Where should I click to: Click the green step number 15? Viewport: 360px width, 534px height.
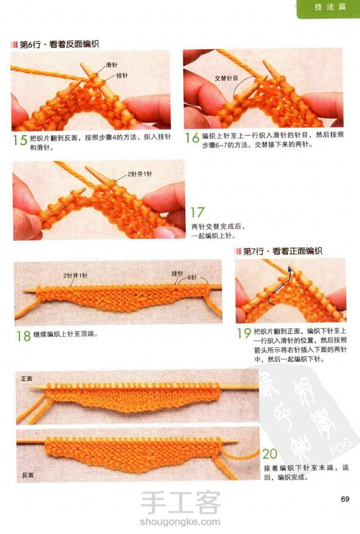[20, 140]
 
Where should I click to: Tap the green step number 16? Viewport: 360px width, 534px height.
[192, 138]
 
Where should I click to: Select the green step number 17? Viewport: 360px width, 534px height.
[197, 212]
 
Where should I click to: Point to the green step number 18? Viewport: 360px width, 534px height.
[24, 336]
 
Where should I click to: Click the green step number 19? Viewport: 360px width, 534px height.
[244, 333]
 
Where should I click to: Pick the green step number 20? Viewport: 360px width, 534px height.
[270, 454]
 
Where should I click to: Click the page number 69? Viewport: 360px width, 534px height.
[345, 499]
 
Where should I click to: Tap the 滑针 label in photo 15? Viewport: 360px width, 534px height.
[111, 65]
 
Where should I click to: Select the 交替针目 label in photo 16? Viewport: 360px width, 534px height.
[226, 78]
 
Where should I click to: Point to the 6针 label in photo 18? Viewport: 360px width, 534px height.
[192, 277]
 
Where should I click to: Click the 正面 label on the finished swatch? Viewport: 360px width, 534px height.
[27, 379]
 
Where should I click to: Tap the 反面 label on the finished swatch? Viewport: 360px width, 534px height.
[28, 475]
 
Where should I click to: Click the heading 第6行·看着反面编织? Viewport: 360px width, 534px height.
[59, 44]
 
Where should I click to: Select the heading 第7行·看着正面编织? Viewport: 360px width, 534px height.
[283, 251]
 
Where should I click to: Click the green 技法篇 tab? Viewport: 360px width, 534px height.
[330, 7]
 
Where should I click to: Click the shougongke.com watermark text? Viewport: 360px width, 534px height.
[180, 521]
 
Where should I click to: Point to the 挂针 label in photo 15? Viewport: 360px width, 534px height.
[121, 75]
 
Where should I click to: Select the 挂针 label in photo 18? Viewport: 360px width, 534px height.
[177, 274]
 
